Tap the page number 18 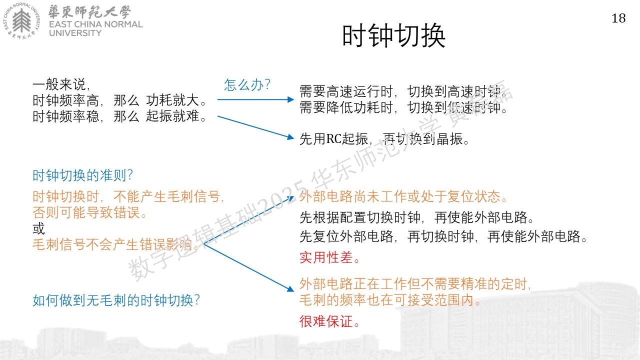coord(618,18)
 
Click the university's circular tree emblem coord(21,20)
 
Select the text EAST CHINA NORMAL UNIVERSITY coord(95,28)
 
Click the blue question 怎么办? coord(247,84)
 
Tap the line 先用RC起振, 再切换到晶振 coord(384,139)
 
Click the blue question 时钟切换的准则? coord(82,175)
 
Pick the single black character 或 coord(39,228)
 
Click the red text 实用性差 coord(329,257)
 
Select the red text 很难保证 coord(329,321)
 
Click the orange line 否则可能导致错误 coord(89,212)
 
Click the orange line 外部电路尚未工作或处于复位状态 coord(403,196)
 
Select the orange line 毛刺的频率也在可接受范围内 coord(390,300)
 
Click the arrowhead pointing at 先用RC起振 coord(290,137)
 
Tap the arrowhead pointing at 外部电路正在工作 coord(290,289)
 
